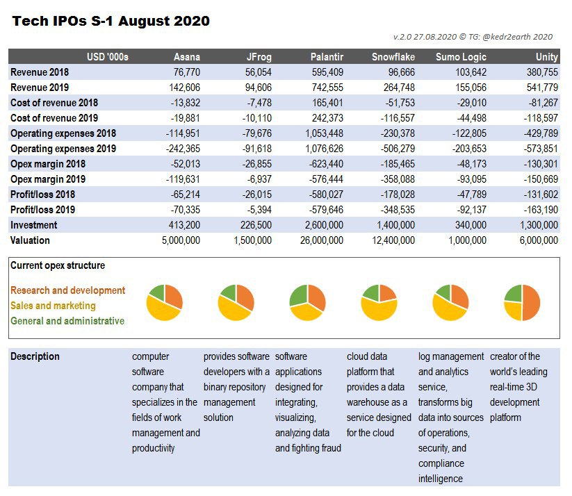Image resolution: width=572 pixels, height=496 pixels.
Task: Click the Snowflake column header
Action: click(393, 57)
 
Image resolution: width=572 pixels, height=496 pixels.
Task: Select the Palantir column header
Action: click(327, 57)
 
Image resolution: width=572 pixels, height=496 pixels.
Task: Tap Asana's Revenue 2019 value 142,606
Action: click(185, 88)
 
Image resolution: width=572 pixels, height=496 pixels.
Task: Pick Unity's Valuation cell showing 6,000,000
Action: click(539, 240)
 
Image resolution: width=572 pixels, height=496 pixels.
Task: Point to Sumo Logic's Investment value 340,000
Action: click(471, 225)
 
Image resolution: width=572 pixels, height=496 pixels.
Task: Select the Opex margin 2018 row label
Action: click(48, 164)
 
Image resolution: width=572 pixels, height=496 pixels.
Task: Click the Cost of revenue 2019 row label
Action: click(54, 118)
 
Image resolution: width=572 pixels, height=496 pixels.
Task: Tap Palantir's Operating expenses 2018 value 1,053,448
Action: click(325, 133)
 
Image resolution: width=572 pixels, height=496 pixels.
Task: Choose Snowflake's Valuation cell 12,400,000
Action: click(393, 240)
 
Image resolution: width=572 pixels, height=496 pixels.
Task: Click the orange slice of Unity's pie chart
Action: click(531, 303)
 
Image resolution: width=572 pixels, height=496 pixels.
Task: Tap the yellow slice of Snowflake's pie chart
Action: click(379, 311)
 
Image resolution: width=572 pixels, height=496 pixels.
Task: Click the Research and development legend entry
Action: click(68, 290)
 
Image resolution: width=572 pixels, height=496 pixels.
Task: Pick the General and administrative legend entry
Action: click(67, 321)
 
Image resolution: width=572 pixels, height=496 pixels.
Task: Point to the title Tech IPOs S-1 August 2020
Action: click(111, 21)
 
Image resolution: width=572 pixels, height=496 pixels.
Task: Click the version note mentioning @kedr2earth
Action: click(473, 37)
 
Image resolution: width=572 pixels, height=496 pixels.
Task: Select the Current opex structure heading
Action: click(58, 265)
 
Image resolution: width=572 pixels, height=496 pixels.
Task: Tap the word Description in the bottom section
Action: click(35, 356)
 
